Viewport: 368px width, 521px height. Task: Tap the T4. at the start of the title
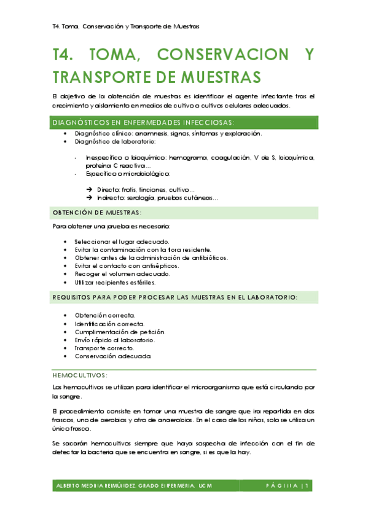[x=65, y=55]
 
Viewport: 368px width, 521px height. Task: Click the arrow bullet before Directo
[x=90, y=190]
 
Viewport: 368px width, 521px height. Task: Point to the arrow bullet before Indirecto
[x=90, y=198]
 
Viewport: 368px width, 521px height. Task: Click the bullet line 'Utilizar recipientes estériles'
[x=115, y=283]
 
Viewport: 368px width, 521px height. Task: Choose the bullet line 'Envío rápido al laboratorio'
[x=115, y=340]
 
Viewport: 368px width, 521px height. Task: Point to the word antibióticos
[x=206, y=258]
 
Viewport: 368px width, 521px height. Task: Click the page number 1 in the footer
[x=311, y=486]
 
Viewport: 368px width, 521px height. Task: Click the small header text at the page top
[x=126, y=26]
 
